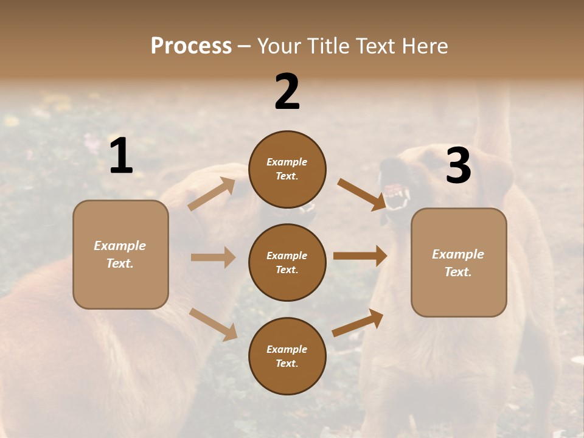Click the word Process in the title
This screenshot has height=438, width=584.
tap(191, 46)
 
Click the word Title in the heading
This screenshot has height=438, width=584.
tap(324, 46)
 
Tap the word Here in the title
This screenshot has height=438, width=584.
tap(423, 46)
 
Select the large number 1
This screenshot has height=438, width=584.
tap(121, 156)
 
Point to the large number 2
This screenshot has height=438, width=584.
tap(287, 92)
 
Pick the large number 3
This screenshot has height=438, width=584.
tap(458, 165)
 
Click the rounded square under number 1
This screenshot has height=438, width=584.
tap(120, 254)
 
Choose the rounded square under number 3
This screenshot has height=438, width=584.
tap(459, 263)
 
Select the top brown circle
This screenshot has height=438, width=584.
tap(287, 169)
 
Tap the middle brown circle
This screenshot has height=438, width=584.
tap(287, 262)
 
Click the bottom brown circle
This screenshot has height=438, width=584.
tap(287, 356)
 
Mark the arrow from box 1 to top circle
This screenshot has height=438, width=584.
tap(212, 194)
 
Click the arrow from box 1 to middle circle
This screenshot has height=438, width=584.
tap(213, 257)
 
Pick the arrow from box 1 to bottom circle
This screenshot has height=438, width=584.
tap(213, 324)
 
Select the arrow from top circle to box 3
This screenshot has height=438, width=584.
tap(361, 194)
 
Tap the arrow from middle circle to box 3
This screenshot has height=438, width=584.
tap(360, 255)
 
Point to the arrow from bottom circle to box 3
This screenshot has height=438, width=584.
tap(358, 323)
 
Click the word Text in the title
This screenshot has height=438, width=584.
tap(370, 46)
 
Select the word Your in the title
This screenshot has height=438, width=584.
tap(279, 46)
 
